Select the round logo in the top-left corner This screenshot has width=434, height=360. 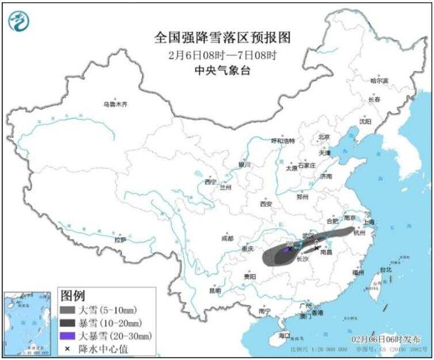[18, 21]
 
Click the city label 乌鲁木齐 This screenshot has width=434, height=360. [115, 105]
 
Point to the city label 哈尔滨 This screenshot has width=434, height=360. [379, 81]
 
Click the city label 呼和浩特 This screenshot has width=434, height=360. [283, 140]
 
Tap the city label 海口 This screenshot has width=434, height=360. [283, 335]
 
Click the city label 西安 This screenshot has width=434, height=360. [265, 204]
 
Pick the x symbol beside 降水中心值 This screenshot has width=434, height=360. [68, 348]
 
